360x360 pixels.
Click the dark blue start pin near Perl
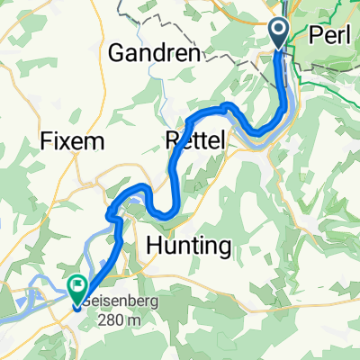click(x=278, y=33)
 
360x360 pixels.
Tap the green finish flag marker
click(x=77, y=286)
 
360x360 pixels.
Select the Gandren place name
click(x=153, y=53)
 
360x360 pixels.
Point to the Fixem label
click(x=73, y=141)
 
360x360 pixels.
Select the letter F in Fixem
click(x=47, y=141)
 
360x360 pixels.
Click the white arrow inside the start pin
click(x=278, y=31)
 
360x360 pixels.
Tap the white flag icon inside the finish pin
click(x=77, y=285)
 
